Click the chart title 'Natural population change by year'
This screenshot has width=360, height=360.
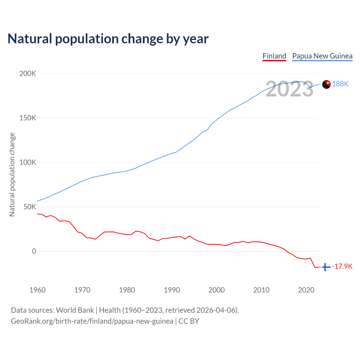108,39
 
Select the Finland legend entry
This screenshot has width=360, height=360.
274,56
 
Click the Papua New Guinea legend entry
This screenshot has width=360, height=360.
322,56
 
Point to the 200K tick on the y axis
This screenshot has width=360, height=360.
28,74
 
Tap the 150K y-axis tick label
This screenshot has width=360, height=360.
28,118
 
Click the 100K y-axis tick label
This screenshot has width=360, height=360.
28,163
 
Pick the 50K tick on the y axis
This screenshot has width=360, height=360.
30,207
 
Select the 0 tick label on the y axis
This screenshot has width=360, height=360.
34,251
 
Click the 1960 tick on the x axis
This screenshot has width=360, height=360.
37,290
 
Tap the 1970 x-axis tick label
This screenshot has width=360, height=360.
82,290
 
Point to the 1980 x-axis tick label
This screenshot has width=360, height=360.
127,290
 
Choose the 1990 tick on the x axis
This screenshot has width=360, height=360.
172,290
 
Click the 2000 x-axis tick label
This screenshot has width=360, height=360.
217,290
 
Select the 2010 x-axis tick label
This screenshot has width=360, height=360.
261,290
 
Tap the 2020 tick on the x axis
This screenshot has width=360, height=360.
306,290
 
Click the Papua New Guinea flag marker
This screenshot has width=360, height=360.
326,84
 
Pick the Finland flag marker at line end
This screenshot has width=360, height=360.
326,267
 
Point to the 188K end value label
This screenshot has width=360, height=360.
340,84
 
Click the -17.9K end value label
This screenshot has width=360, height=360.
342,267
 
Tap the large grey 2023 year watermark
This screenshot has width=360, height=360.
289,89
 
